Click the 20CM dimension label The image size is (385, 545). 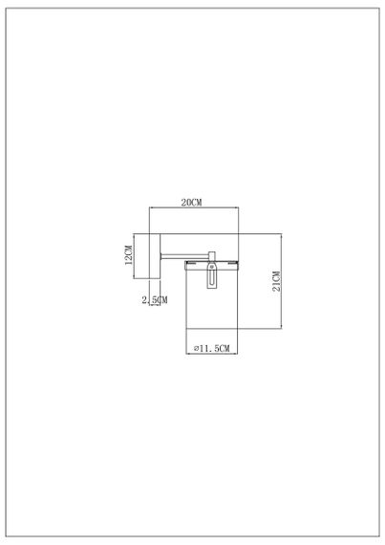192,202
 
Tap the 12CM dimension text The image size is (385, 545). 128,256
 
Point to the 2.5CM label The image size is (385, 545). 153,300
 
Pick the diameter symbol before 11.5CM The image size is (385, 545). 195,350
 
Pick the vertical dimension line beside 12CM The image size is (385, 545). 136,256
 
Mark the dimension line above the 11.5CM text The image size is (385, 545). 210,342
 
